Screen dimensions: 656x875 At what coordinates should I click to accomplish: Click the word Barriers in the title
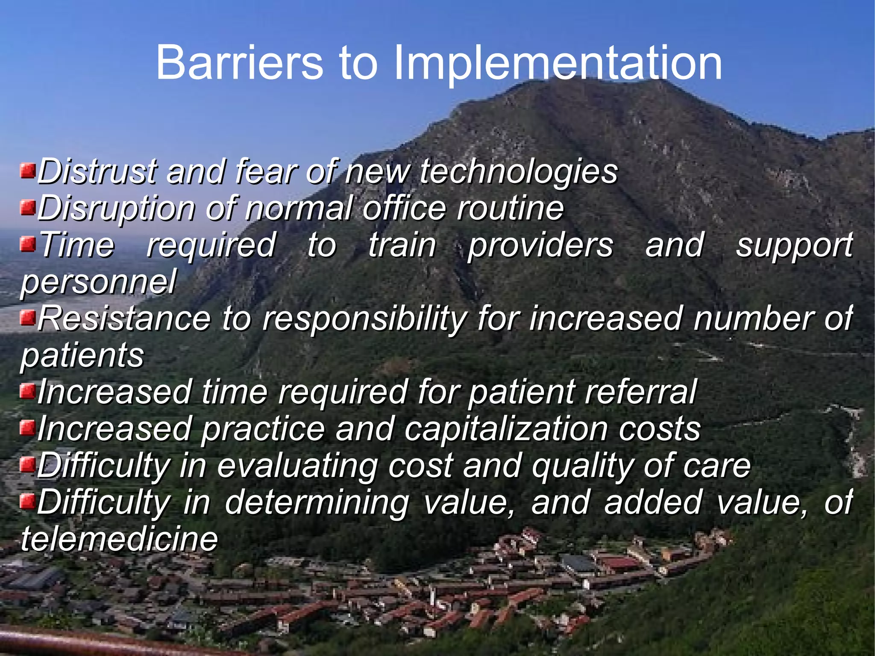tap(240, 63)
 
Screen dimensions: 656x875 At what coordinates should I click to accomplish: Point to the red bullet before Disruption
tap(28, 208)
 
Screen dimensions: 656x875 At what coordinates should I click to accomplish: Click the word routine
tap(510, 208)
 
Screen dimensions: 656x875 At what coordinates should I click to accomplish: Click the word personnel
tap(99, 282)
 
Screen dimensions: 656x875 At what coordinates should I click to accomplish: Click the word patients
tap(82, 355)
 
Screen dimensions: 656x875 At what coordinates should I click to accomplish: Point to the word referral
tap(641, 392)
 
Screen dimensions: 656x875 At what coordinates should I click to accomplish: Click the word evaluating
tap(297, 466)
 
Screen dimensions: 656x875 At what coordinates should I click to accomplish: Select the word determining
tap(317, 503)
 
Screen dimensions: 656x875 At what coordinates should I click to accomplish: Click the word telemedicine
tap(119, 539)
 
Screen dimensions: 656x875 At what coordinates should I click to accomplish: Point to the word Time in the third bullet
tap(77, 245)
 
